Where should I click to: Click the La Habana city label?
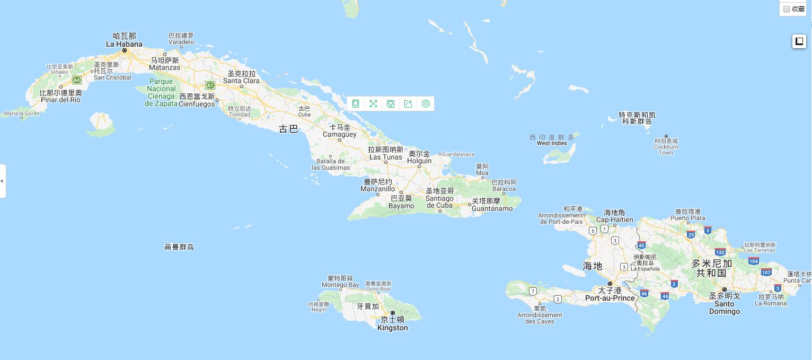coord(124,44)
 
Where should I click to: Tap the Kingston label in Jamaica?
coord(393,328)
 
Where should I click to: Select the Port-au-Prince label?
coord(610,298)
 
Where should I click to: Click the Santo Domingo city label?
coord(725,308)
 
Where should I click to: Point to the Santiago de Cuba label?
coord(439,202)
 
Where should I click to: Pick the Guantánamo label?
coord(492,208)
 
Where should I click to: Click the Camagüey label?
coord(340,134)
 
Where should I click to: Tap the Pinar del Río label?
coord(60,100)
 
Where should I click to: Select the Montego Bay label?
coord(340,285)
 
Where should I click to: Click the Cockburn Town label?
coord(666,150)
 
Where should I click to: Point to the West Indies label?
coord(552,143)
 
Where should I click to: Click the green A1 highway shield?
coord(210,85)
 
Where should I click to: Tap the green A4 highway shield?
coord(77,80)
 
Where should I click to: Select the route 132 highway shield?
coord(720,252)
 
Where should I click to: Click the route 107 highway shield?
coord(766,273)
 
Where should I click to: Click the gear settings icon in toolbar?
coord(426,104)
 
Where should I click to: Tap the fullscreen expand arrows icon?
coord(373,104)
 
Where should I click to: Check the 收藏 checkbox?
coord(787,9)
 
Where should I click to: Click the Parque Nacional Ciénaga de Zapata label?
coord(161,92)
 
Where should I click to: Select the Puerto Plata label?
coord(688,218)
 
